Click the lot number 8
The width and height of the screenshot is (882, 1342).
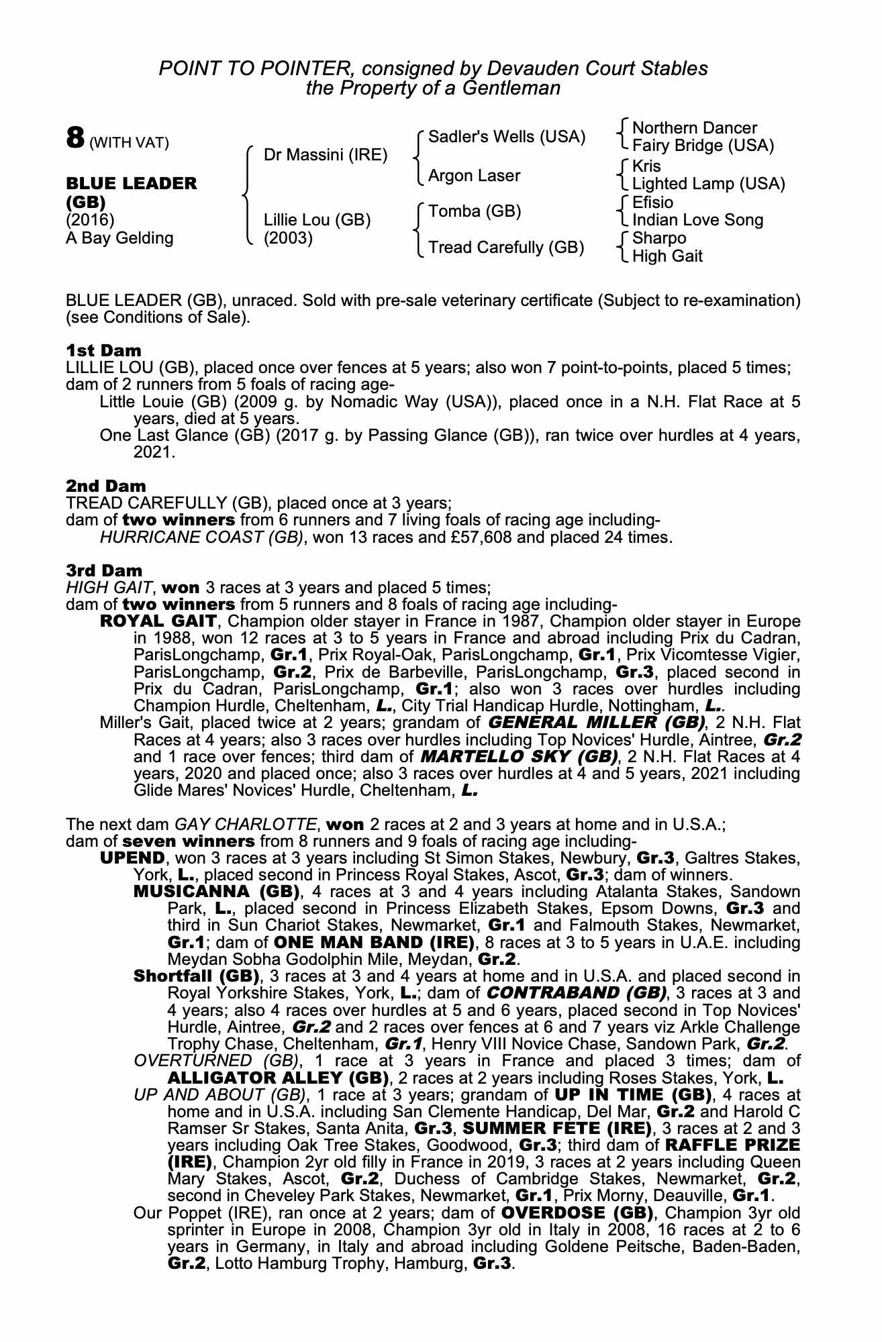click(x=75, y=139)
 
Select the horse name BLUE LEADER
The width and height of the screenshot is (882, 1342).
click(x=132, y=184)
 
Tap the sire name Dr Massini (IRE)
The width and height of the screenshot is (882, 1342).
click(x=326, y=156)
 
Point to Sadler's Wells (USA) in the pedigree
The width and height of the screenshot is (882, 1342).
click(x=507, y=137)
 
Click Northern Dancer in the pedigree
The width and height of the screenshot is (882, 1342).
click(x=695, y=128)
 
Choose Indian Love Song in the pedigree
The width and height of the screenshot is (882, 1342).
click(x=697, y=220)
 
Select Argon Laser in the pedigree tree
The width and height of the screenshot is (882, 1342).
click(x=474, y=176)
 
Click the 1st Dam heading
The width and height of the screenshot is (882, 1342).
click(x=104, y=350)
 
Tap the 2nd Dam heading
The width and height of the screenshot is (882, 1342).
click(x=106, y=485)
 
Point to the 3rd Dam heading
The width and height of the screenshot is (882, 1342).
click(x=104, y=570)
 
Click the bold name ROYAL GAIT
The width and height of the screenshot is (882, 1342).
click(x=158, y=621)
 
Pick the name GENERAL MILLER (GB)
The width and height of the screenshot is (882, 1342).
click(x=597, y=723)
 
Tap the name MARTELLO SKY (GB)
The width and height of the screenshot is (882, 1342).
click(x=519, y=757)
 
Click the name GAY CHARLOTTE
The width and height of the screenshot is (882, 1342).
click(x=246, y=824)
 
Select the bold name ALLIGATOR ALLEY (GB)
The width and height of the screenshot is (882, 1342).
click(x=279, y=1078)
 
